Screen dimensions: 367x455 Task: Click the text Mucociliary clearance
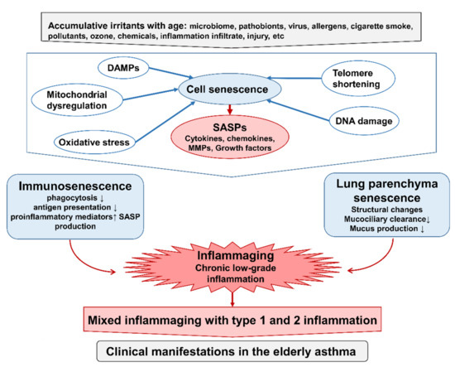click(376, 219)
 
